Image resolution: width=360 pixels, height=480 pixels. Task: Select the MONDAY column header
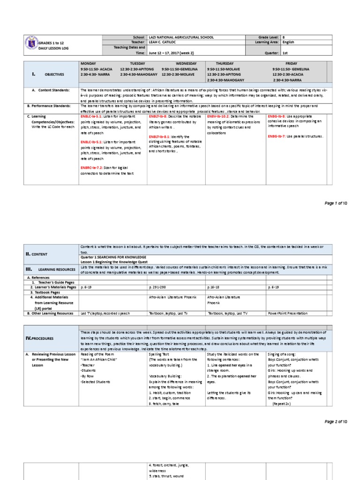[88, 63]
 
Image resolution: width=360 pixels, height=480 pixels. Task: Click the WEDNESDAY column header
[187, 63]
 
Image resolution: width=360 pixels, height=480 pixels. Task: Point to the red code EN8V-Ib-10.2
[219, 116]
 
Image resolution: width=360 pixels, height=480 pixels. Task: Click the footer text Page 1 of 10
[336, 203]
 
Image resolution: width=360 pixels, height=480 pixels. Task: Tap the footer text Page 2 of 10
[336, 422]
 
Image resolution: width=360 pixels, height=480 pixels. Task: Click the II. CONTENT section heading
[40, 254]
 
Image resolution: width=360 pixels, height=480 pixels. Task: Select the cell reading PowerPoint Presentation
[288, 313]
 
